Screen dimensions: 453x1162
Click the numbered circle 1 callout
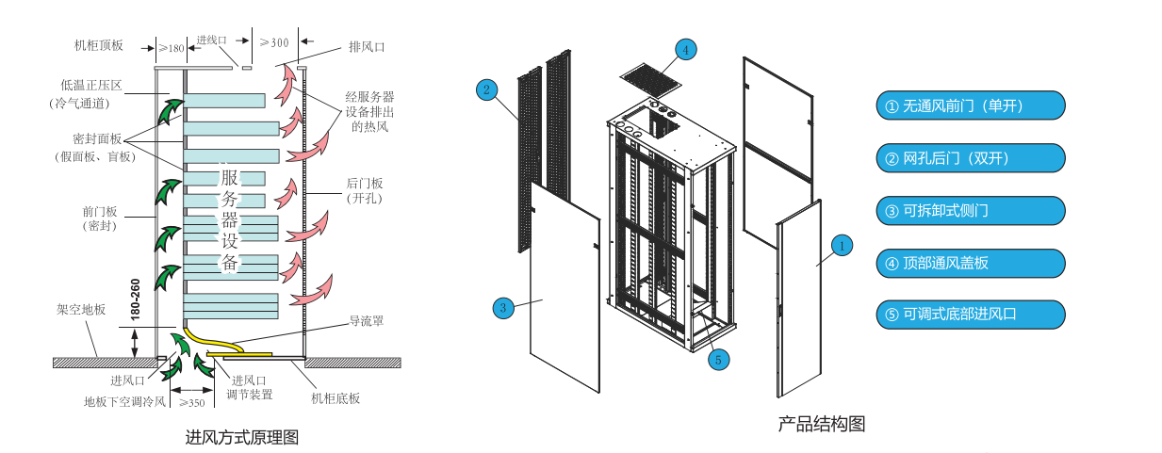pyautogui.click(x=843, y=246)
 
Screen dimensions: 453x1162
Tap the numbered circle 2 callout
pyautogui.click(x=486, y=89)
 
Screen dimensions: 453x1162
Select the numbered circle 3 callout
pyautogui.click(x=503, y=307)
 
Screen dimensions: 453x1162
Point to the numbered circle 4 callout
pyautogui.click(x=685, y=48)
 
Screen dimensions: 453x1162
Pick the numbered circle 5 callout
pyautogui.click(x=718, y=358)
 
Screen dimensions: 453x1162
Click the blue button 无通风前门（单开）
pyautogui.click(x=970, y=106)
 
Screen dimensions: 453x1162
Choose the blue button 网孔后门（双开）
pyautogui.click(x=970, y=159)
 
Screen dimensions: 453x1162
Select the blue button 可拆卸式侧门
pyautogui.click(x=970, y=211)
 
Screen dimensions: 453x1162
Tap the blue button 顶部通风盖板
pyautogui.click(x=970, y=263)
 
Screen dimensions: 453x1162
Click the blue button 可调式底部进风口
pyautogui.click(x=970, y=315)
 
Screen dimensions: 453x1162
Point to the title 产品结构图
pyautogui.click(x=821, y=424)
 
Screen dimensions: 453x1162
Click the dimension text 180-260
pyautogui.click(x=136, y=299)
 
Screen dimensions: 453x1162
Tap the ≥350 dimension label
pyautogui.click(x=192, y=403)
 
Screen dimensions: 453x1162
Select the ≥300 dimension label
pyautogui.click(x=275, y=43)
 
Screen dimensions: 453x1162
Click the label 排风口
pyautogui.click(x=367, y=46)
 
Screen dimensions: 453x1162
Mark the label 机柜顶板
pyautogui.click(x=99, y=44)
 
